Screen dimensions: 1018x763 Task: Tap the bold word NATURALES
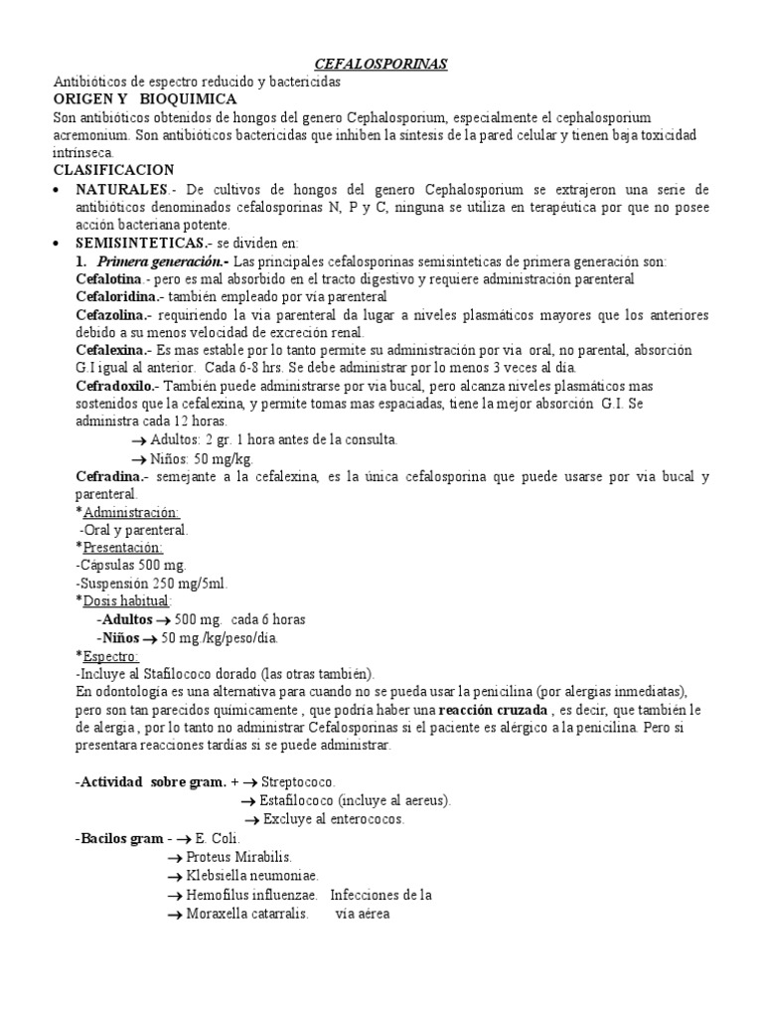[118, 189]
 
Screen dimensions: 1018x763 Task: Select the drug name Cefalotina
[110, 279]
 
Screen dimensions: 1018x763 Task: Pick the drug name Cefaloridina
[118, 296]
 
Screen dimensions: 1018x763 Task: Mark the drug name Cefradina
[109, 476]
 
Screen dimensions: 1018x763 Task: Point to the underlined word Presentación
[123, 548]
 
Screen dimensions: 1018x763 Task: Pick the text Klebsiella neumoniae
[252, 875]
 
